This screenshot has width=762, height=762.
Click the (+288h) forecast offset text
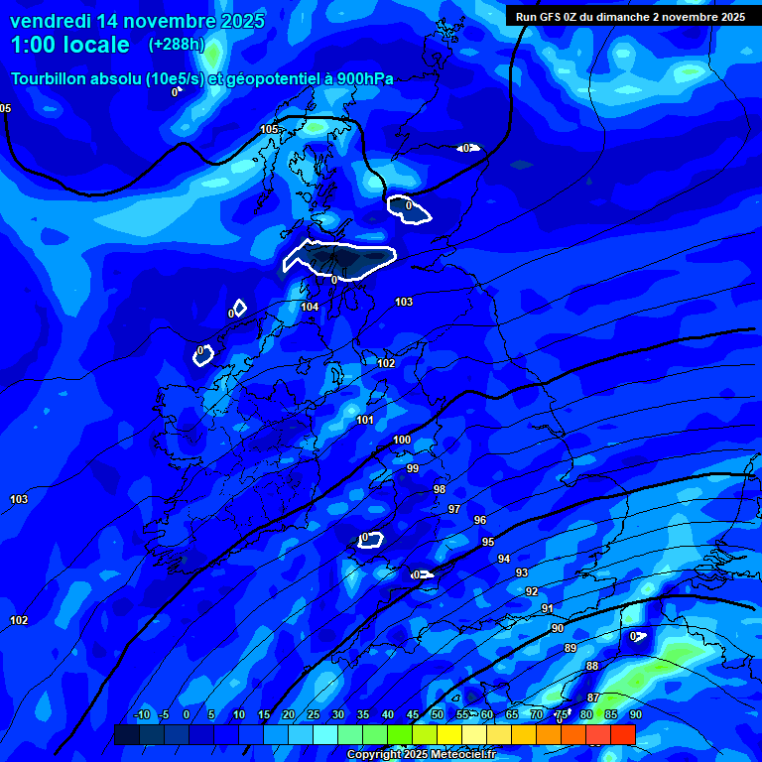[x=176, y=45]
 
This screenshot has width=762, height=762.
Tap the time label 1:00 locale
[x=70, y=45]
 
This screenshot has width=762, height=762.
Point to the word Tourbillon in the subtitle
[x=56, y=78]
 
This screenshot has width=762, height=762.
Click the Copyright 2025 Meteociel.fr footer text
[x=421, y=754]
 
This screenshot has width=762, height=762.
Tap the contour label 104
[x=311, y=308]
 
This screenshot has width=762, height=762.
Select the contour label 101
[x=365, y=421]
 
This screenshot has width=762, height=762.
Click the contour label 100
[x=402, y=441]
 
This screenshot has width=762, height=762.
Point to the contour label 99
[x=413, y=469]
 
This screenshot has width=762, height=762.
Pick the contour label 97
[x=454, y=509]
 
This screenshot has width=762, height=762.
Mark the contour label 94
[x=504, y=560]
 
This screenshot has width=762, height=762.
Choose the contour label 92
[x=532, y=592]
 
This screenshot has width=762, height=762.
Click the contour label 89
[x=571, y=649]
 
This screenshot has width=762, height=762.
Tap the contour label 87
[x=592, y=698]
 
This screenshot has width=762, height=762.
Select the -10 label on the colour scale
[x=142, y=715]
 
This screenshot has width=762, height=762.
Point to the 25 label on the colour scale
[x=314, y=715]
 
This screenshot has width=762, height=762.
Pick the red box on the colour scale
[x=622, y=734]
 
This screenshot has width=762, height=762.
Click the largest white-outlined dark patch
[x=339, y=259]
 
